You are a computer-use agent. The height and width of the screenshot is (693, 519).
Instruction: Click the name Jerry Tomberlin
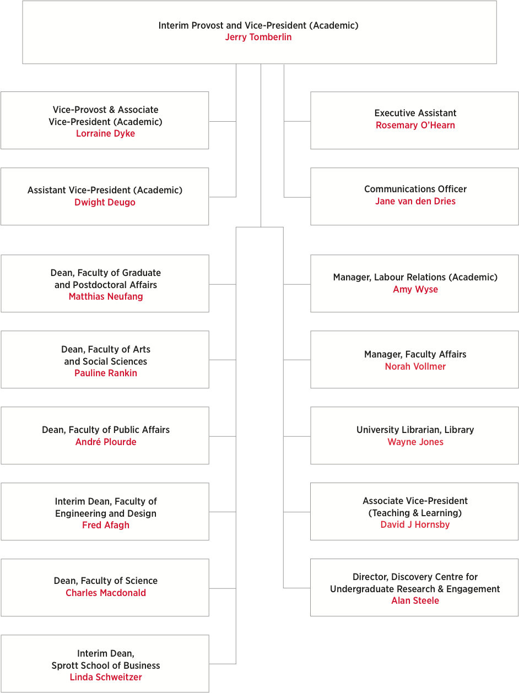coord(258,37)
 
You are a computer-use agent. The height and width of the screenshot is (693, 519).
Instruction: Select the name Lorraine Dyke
coord(105,133)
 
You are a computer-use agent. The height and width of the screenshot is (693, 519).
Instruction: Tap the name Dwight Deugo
coord(105,202)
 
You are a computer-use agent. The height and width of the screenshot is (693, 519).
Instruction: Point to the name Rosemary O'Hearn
coord(415,126)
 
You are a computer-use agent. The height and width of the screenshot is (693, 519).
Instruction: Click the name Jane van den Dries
coord(415,202)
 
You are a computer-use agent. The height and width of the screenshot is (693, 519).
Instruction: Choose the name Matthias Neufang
coord(106,297)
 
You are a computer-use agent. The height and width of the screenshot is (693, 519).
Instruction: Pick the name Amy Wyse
coord(415,290)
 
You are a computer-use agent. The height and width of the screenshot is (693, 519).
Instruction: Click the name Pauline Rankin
coord(106,373)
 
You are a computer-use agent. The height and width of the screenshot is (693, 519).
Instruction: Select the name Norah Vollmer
coord(415,366)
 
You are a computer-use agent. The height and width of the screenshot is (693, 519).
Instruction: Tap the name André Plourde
coord(106,442)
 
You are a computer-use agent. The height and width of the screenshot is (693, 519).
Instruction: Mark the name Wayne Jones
coord(415,442)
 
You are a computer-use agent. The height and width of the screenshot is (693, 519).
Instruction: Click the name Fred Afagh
coord(106,525)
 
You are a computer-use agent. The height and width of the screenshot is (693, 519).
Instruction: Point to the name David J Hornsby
coord(415,524)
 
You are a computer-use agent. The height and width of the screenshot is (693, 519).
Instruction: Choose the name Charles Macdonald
coord(106,593)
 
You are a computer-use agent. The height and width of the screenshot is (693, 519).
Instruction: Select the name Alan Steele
coord(415,600)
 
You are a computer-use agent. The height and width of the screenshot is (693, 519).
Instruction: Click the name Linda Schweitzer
coord(106,677)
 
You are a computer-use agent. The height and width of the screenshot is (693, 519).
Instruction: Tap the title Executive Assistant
coord(415,113)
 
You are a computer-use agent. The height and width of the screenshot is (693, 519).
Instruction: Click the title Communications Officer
coord(415,189)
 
